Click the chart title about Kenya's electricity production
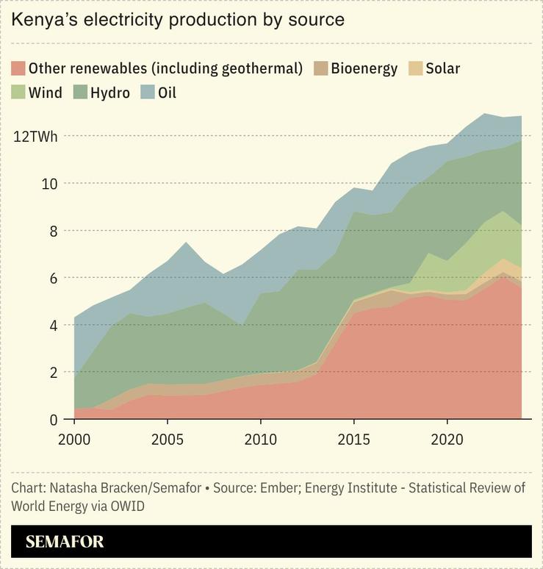[x=178, y=20]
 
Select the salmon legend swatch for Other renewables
[x=18, y=69]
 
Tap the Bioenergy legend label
[x=364, y=69]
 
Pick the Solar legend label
[x=442, y=69]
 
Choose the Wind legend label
[x=45, y=93]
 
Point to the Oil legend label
[x=167, y=93]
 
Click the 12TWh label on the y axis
[x=35, y=136]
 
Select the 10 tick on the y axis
[x=49, y=183]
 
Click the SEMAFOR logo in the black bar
[x=65, y=543]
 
